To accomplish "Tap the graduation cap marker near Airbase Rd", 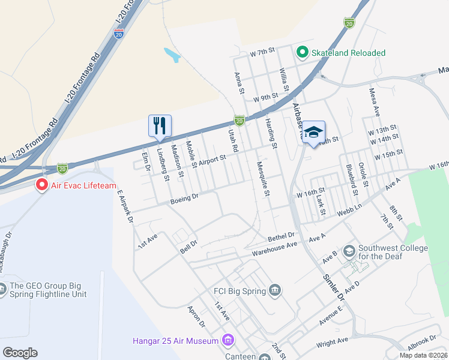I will coord(313,132).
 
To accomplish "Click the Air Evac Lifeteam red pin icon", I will coord(42,185).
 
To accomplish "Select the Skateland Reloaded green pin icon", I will coord(303,53).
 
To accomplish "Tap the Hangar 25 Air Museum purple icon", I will coord(228,341).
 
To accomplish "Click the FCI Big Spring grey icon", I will coord(275,291).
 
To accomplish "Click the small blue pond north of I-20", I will coord(172,56).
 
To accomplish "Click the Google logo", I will coord(20,353).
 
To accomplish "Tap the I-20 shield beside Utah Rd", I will coord(240,121).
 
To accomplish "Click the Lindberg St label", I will coord(161,162).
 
